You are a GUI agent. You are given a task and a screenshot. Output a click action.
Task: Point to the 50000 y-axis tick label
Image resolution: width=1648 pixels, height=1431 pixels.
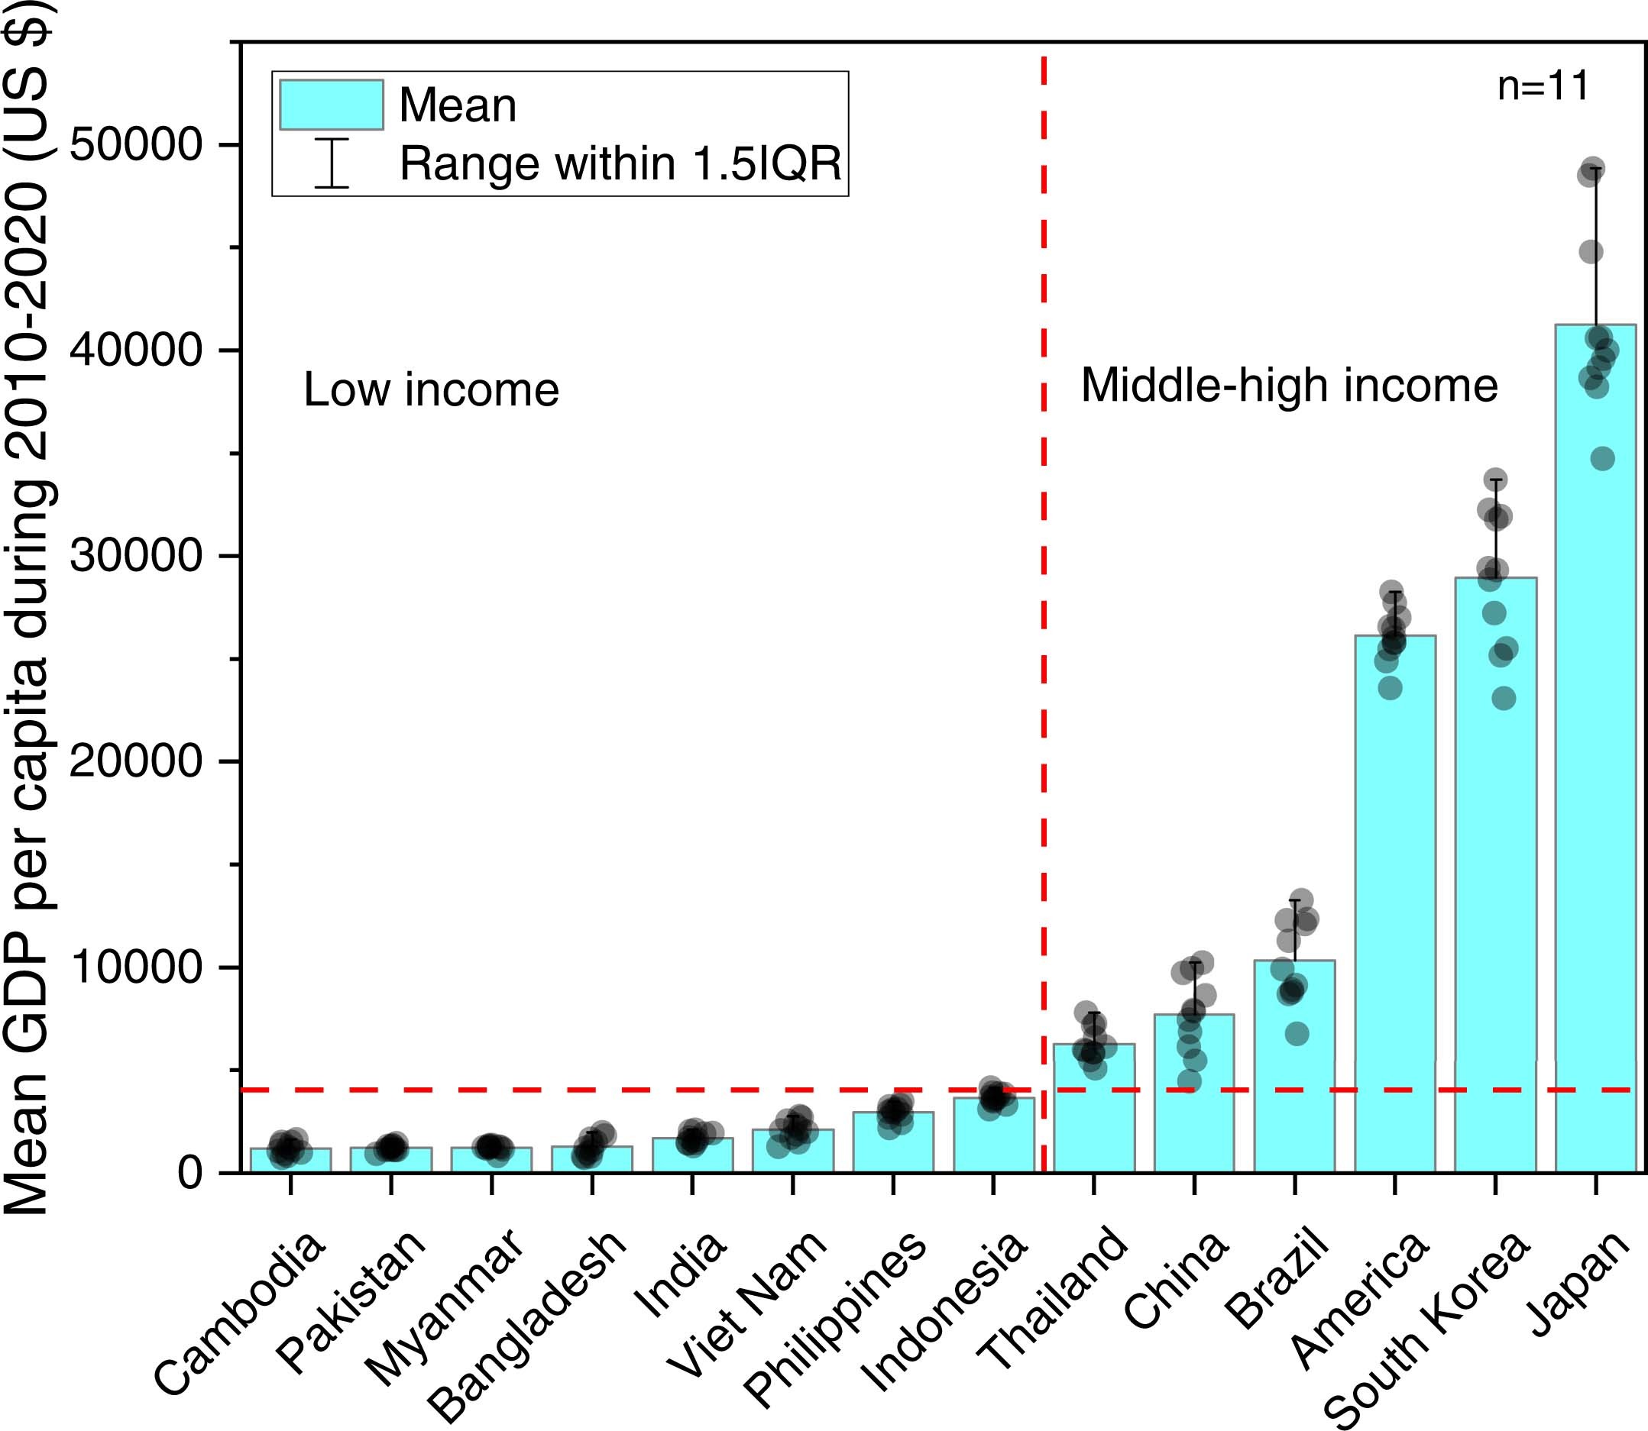134,144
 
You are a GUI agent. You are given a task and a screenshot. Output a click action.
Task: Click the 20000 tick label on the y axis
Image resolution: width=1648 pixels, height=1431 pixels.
134,762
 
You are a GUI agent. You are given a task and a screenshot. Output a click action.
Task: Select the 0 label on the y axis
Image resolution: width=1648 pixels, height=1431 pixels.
190,1173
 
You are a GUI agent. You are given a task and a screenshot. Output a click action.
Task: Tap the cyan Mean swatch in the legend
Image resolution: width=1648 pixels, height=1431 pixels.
331,105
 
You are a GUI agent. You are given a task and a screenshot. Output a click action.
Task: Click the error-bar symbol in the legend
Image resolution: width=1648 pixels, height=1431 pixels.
331,163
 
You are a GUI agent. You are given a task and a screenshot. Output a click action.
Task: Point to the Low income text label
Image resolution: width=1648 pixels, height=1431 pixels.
432,390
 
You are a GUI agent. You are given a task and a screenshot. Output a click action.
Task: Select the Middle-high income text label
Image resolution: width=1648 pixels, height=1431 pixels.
1288,386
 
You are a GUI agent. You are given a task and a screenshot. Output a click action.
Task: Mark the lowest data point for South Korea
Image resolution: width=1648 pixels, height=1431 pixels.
1504,699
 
